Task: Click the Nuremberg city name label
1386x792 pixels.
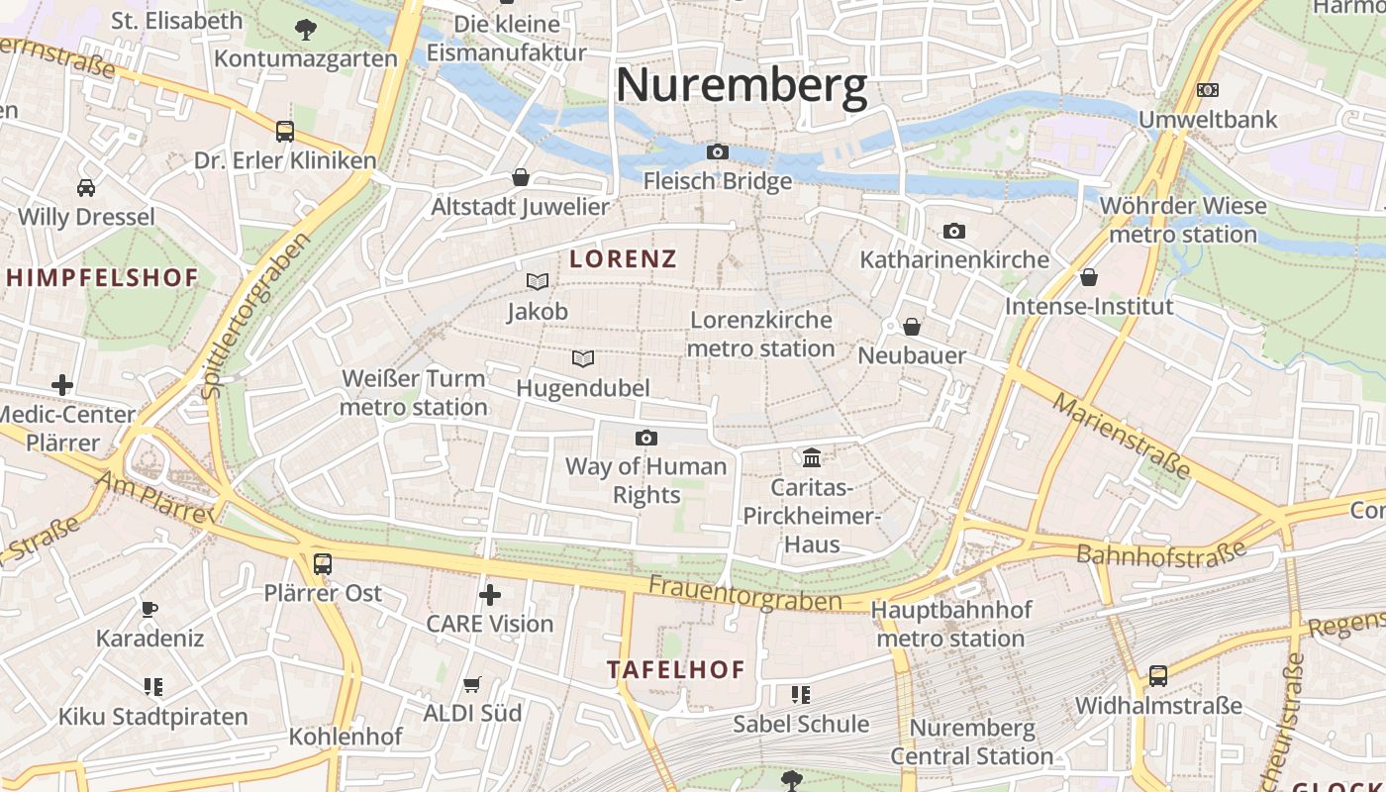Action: pyautogui.click(x=742, y=86)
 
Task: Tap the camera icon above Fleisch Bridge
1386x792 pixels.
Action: pyautogui.click(x=718, y=151)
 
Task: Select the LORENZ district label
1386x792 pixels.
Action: pyautogui.click(x=624, y=259)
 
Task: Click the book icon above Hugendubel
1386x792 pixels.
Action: pyautogui.click(x=584, y=358)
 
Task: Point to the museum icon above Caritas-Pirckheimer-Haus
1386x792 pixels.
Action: pyautogui.click(x=812, y=457)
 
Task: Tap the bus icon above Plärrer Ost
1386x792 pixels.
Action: pyautogui.click(x=323, y=564)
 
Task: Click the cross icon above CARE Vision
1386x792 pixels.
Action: pyautogui.click(x=489, y=595)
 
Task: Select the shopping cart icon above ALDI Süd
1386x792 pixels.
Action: pyautogui.click(x=472, y=684)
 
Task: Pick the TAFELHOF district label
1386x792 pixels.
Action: pyautogui.click(x=676, y=669)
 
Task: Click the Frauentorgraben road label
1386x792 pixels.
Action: pyautogui.click(x=744, y=594)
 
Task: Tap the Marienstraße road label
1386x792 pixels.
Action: pyautogui.click(x=1121, y=436)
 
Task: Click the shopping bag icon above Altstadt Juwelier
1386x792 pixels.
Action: pyautogui.click(x=521, y=177)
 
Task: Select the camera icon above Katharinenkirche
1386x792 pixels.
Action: pyautogui.click(x=954, y=231)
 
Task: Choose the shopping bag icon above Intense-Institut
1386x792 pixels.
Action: pyautogui.click(x=1089, y=277)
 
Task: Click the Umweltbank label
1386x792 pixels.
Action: pyautogui.click(x=1208, y=120)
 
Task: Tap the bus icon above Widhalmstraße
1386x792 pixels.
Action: pyautogui.click(x=1158, y=676)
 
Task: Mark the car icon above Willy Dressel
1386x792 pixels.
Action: pyautogui.click(x=86, y=187)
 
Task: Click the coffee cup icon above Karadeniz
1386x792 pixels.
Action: pyautogui.click(x=149, y=608)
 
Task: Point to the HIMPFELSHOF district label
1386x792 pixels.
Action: pyautogui.click(x=103, y=278)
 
